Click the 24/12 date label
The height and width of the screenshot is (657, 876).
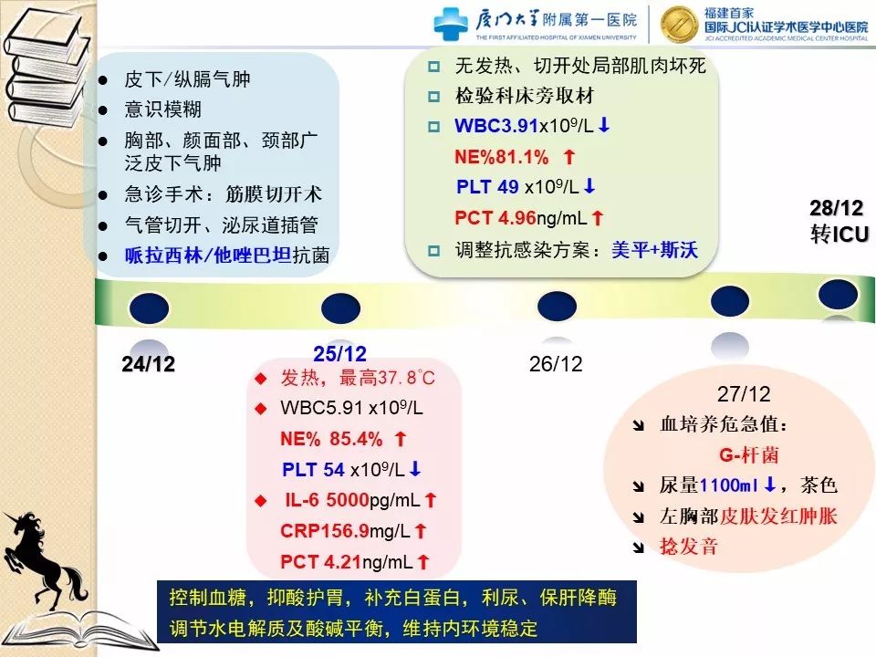(148, 364)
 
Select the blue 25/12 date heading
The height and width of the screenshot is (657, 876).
(339, 354)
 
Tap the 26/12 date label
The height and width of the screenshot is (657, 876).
(556, 364)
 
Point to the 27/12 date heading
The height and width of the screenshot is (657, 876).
(744, 394)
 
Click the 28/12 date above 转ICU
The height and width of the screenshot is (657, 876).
(837, 208)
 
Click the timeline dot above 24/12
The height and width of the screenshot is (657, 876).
(149, 308)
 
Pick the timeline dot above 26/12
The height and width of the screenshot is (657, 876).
(557, 307)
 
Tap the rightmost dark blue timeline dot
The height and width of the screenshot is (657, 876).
(838, 294)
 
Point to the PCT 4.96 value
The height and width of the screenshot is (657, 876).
(495, 218)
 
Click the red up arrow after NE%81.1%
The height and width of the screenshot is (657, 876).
(569, 156)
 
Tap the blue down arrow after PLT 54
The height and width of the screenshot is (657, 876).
(415, 469)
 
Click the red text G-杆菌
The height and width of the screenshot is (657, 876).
(748, 455)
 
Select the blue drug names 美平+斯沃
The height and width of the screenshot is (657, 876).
(655, 250)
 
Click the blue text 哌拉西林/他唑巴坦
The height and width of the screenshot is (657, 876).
(208, 255)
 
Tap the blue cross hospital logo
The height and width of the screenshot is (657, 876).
(450, 24)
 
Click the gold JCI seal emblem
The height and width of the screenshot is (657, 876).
(678, 25)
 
